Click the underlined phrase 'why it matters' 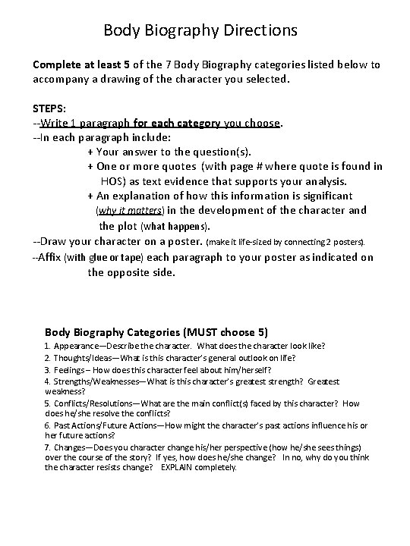(x=124, y=210)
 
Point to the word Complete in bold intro (x=58, y=65)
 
